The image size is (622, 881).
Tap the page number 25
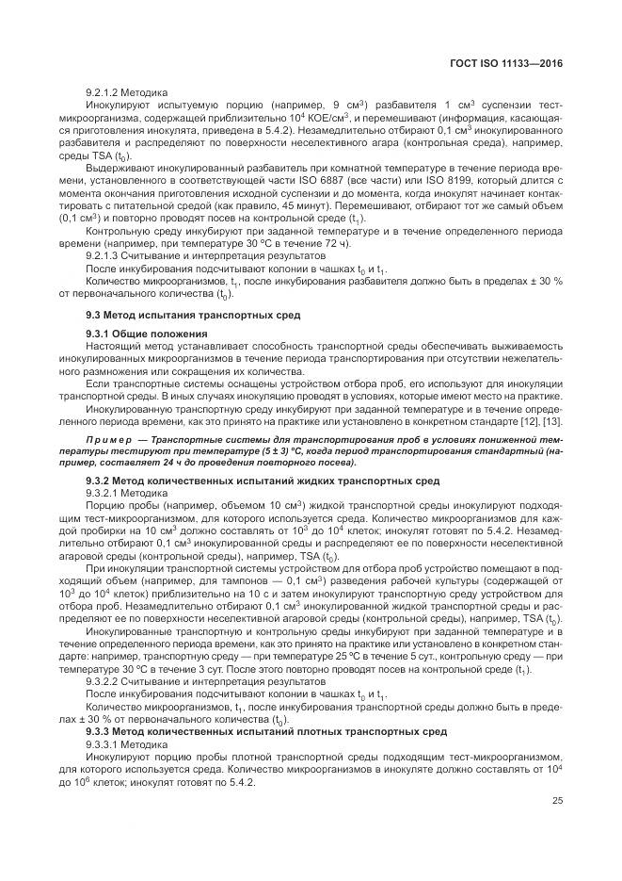coord(558,802)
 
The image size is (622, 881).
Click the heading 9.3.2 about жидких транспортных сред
coord(263,481)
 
